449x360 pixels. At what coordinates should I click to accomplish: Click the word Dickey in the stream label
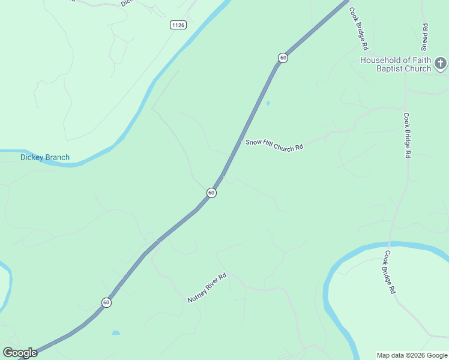point(32,158)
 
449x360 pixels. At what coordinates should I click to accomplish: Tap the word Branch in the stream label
point(58,158)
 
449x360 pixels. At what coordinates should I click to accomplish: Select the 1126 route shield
point(178,25)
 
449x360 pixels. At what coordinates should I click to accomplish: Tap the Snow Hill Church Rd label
point(274,145)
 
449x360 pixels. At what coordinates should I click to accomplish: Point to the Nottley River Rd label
point(206,288)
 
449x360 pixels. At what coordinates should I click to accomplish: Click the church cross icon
point(441,64)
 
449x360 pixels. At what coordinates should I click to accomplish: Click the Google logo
point(20,353)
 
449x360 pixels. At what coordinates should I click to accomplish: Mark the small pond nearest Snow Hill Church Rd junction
point(268,103)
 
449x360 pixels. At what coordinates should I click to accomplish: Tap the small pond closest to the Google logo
point(116,332)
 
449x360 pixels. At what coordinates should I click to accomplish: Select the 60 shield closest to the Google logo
point(106,302)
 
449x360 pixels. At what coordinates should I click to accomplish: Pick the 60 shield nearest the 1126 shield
point(283,58)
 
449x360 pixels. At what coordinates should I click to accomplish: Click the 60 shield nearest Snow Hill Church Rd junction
point(211,193)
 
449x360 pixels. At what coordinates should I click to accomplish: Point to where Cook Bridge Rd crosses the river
point(388,245)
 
